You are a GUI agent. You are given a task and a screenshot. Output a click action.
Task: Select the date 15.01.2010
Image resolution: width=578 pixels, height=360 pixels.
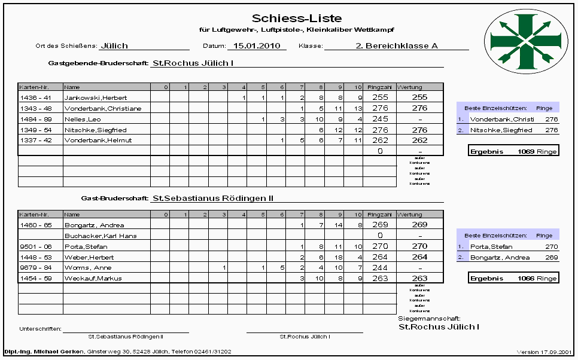click(257, 45)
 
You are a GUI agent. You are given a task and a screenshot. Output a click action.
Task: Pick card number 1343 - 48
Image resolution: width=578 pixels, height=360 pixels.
click(36, 108)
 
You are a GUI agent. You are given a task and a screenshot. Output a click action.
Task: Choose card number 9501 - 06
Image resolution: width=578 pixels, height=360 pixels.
click(36, 246)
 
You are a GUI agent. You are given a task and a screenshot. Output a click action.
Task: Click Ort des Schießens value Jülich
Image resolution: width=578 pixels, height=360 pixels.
click(114, 45)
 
